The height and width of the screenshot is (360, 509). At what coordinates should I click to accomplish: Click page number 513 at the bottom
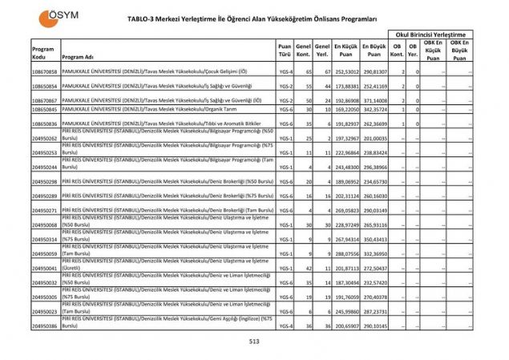[254, 342]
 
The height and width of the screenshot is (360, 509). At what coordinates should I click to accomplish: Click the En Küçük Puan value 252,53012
[345, 72]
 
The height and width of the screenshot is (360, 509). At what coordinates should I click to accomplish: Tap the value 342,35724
[374, 109]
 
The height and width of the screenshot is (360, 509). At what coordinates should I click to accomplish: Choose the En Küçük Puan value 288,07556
[345, 254]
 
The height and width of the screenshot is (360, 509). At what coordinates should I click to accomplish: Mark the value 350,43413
[374, 239]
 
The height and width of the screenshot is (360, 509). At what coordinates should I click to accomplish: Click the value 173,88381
[345, 85]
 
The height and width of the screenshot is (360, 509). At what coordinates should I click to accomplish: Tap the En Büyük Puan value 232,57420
[374, 283]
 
